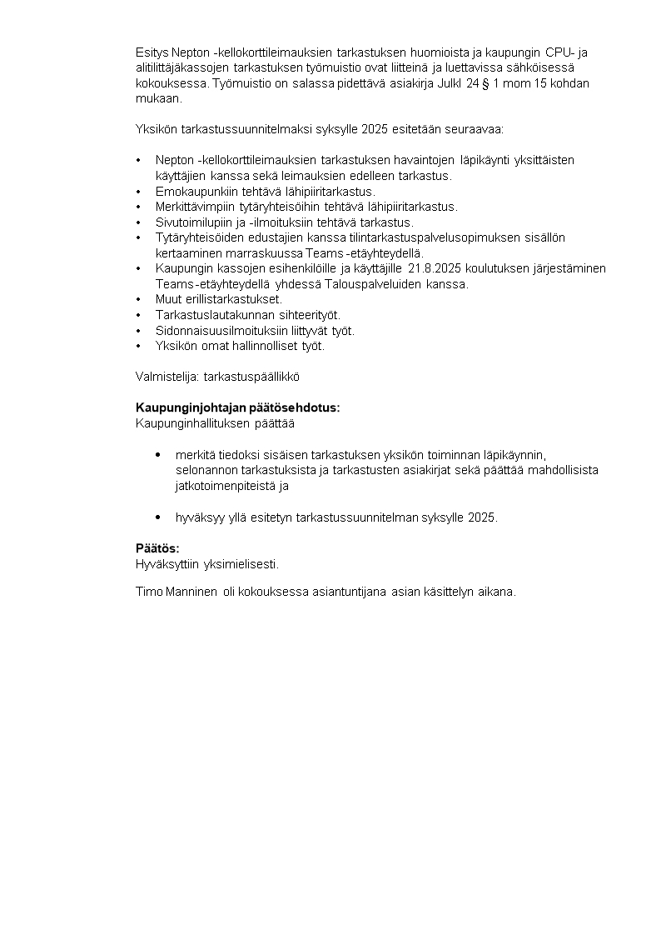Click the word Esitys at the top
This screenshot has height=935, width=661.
152,52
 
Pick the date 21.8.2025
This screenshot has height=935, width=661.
435,268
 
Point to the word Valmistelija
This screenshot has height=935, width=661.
167,377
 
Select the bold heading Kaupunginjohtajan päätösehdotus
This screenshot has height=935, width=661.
238,407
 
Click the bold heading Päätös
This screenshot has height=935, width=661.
157,548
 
